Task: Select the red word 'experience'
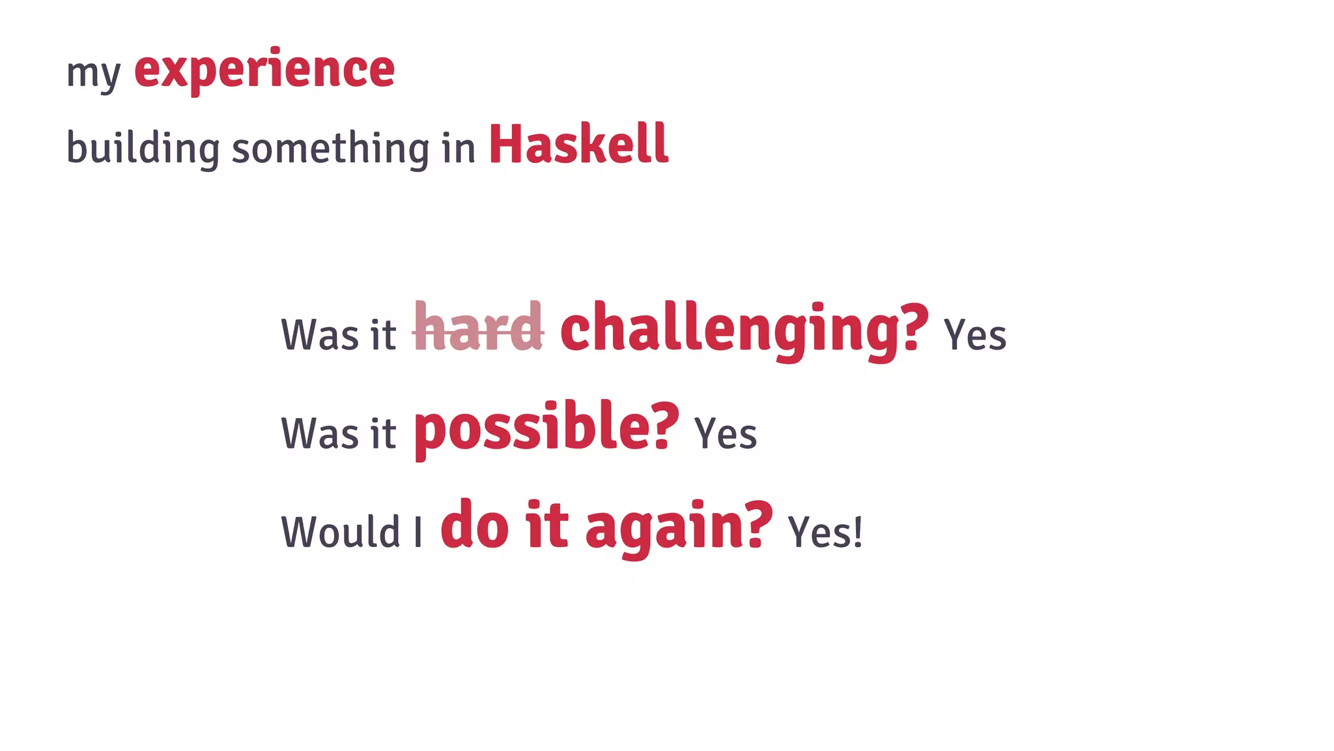point(264,70)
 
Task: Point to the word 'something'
point(331,147)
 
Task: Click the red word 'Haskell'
point(578,144)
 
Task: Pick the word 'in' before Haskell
point(459,147)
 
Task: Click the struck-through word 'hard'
point(478,328)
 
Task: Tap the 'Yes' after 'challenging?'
point(975,335)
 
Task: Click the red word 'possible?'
point(546,428)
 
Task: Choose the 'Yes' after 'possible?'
point(726,434)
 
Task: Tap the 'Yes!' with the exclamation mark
point(825,532)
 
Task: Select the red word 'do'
point(475,525)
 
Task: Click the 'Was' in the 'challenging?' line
point(320,335)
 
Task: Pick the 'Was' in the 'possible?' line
point(320,434)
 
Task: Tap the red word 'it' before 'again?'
point(547,525)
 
